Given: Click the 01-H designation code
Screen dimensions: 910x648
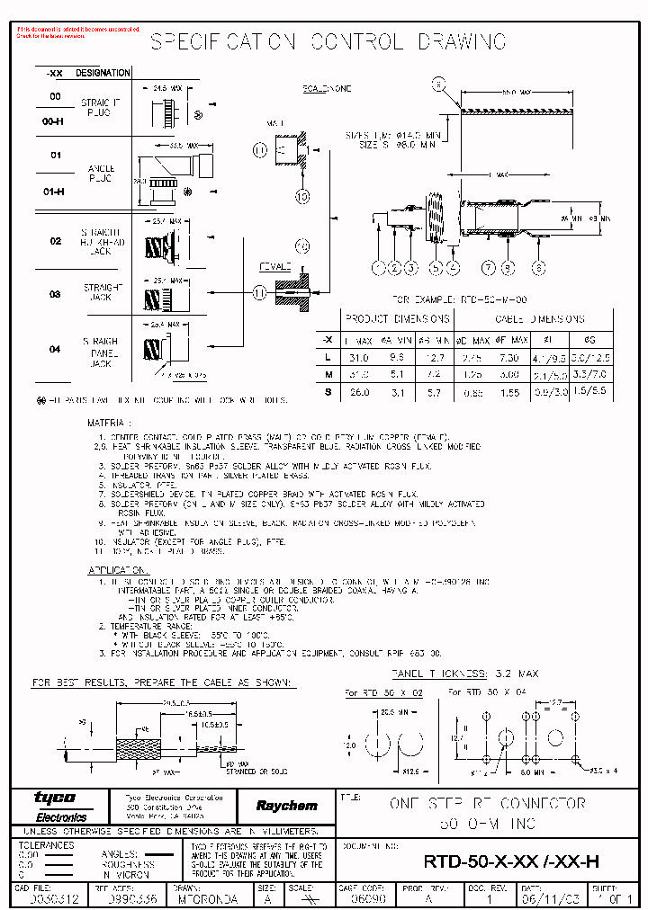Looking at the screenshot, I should [x=56, y=191].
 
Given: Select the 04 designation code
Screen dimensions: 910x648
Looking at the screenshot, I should [x=56, y=349].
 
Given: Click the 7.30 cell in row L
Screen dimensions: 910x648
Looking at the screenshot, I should [x=509, y=357].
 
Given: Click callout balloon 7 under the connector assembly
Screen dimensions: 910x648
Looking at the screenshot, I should [x=487, y=267].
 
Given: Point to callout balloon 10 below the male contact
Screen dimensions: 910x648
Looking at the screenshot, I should [x=302, y=195].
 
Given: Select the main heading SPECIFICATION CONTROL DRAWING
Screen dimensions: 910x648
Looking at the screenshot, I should [x=327, y=42].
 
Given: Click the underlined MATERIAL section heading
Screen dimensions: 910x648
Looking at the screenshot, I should [x=108, y=421].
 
